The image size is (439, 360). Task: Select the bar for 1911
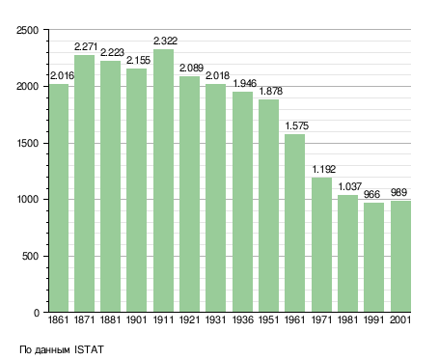[163, 180]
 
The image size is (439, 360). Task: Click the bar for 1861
[59, 198]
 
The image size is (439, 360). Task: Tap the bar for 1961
[294, 223]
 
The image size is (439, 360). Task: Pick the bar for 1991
[373, 257]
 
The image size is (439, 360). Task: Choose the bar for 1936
[242, 202]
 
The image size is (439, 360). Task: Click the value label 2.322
[165, 41]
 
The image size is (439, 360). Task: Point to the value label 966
[371, 194]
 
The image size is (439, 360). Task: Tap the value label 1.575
[296, 125]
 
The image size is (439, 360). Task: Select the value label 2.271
[86, 46]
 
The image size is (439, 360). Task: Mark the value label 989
[398, 192]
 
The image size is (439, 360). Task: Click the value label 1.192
[323, 169]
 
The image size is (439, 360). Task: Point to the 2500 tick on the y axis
[27, 30]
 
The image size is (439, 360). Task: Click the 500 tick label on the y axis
[30, 257]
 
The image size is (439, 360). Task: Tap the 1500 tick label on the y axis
[27, 143]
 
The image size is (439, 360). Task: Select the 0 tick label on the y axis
[37, 313]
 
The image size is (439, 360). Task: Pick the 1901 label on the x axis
[136, 319]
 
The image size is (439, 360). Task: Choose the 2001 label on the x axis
[400, 319]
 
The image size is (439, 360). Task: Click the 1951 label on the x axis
[268, 319]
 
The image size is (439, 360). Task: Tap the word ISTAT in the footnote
[89, 349]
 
